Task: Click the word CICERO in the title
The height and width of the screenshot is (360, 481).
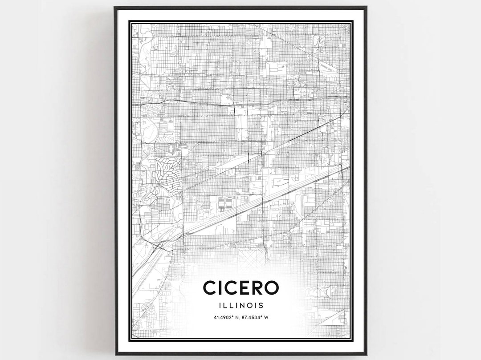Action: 241,287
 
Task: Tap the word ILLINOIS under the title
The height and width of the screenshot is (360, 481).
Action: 241,306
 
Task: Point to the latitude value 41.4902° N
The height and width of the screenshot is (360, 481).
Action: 223,317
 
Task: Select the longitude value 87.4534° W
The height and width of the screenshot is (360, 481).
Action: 256,317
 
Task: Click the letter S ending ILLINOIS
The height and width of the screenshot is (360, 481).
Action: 261,306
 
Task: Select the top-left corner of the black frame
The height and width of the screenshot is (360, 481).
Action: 115,7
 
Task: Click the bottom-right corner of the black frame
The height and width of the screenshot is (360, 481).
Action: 366,354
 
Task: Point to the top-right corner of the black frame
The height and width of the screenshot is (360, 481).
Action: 366,7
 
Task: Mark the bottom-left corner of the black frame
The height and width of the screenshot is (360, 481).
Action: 115,354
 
